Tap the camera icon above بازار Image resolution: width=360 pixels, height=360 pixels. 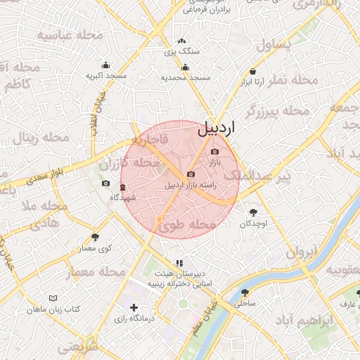[x=214, y=152]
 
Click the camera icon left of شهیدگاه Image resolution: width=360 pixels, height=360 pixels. [x=105, y=184]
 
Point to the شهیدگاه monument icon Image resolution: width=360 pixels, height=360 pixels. [x=123, y=187]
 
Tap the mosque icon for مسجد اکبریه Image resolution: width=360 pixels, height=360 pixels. [x=105, y=65]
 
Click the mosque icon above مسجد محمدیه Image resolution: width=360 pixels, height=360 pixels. [x=185, y=67]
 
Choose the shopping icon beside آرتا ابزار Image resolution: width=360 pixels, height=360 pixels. [x=252, y=72]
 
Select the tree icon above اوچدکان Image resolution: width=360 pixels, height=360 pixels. [x=253, y=212]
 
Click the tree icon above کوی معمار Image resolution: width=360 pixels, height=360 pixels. [x=96, y=237]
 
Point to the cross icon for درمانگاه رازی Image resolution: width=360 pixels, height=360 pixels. [x=134, y=307]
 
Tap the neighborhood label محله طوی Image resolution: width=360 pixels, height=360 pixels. [x=186, y=226]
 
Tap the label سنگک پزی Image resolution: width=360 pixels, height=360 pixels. [x=182, y=51]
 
